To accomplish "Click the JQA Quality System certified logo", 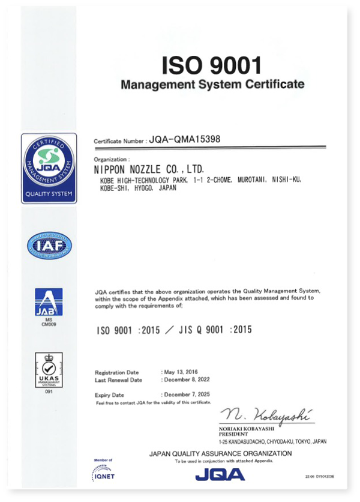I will point(49,168).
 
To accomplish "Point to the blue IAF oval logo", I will point(49,245).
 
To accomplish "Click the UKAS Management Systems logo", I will point(49,370).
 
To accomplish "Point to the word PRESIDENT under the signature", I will point(236,433).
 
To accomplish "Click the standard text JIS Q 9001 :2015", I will point(212,330).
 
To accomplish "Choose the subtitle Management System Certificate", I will point(212,84).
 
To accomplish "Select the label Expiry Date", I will point(109,395).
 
